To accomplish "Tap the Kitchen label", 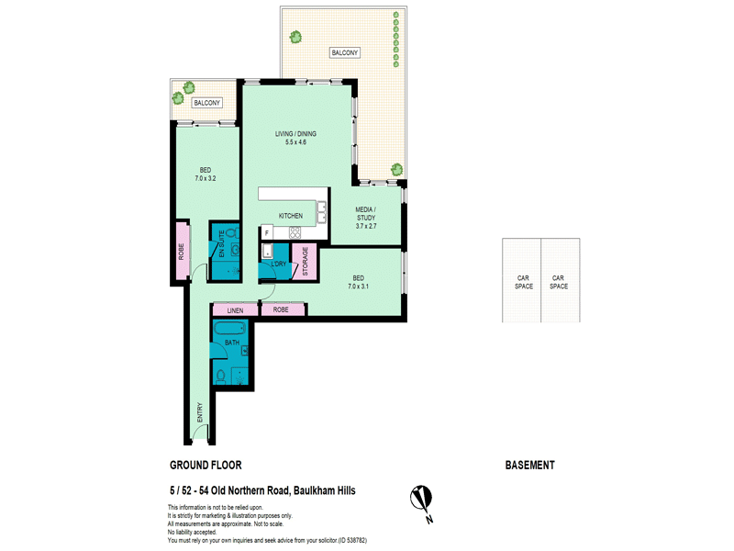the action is (x=291, y=216).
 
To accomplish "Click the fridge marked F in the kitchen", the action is (x=266, y=232).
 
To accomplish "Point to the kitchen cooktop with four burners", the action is (x=295, y=232).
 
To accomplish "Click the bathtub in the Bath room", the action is (x=229, y=328).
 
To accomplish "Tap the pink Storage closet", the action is (x=305, y=262).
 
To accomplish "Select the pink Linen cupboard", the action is (x=235, y=310).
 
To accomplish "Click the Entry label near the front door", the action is (x=200, y=412).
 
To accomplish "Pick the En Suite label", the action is (x=221, y=243).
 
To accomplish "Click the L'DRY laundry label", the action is (x=279, y=264).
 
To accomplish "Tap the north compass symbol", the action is (x=422, y=502).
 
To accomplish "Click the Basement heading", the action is (x=530, y=466).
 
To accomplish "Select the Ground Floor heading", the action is (x=206, y=466).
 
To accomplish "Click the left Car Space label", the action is (x=523, y=282).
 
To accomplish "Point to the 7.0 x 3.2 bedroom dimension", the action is (x=206, y=178).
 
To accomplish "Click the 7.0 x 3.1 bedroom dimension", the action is (x=358, y=287).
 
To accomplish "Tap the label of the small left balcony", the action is (x=207, y=103).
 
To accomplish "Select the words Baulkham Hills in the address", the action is (x=325, y=490).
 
